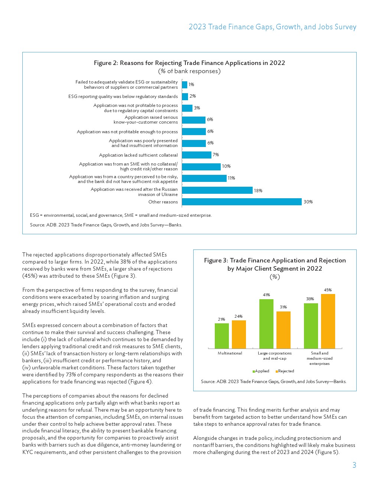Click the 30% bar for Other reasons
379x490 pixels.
click(x=242, y=202)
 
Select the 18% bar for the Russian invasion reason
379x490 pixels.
click(x=217, y=190)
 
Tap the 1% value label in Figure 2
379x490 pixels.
click(x=191, y=85)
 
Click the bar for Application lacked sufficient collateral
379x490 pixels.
click(x=197, y=155)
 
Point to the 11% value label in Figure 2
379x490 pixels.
click(x=231, y=178)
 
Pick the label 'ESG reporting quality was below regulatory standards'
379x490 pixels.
click(x=123, y=97)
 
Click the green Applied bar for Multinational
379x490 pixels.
click(x=222, y=336)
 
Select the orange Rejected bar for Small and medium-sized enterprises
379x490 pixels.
click(x=328, y=321)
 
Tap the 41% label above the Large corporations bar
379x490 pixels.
click(x=266, y=295)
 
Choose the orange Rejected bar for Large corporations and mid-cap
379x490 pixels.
click(x=284, y=330)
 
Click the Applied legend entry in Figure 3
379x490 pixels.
click(x=261, y=371)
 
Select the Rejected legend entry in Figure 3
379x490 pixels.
click(x=285, y=371)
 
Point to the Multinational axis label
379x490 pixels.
click(x=230, y=353)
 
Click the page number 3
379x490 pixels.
click(x=354, y=465)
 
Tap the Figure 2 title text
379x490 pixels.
click(x=189, y=63)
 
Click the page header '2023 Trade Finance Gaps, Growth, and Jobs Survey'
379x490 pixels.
click(x=272, y=27)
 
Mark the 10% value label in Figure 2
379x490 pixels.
click(x=226, y=166)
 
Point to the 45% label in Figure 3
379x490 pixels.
click(x=328, y=290)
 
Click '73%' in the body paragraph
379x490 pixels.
click(x=71, y=375)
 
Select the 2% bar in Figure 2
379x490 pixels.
click(x=185, y=97)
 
